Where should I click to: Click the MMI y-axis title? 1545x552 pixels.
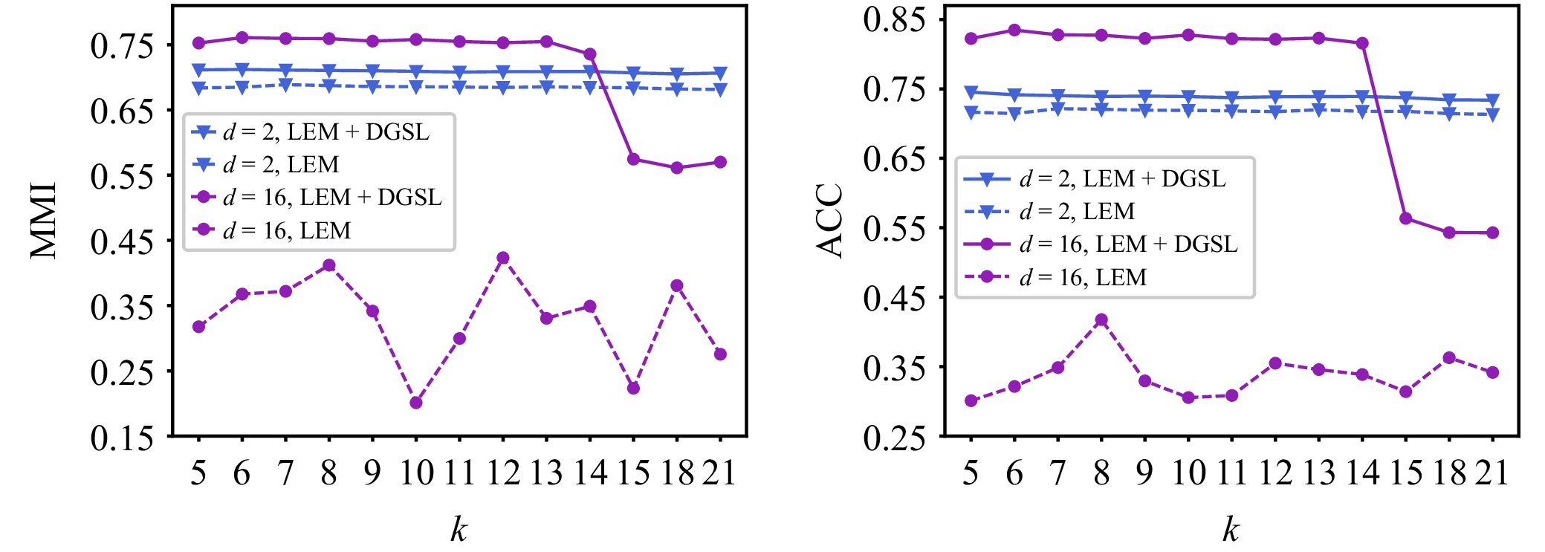pyautogui.click(x=44, y=221)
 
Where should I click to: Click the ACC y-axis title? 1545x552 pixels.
pyautogui.click(x=829, y=221)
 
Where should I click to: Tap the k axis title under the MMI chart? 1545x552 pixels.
pyautogui.click(x=459, y=529)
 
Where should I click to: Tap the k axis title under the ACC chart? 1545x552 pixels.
pyautogui.click(x=1231, y=529)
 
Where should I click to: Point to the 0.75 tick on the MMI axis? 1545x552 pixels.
pyautogui.click(x=122, y=46)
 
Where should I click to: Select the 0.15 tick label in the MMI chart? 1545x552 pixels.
pyautogui.click(x=122, y=438)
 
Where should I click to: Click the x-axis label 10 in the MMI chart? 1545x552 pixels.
pyautogui.click(x=416, y=473)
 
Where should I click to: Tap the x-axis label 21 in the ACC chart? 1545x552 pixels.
pyautogui.click(x=1491, y=473)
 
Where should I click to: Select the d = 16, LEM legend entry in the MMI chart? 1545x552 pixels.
pyautogui.click(x=287, y=230)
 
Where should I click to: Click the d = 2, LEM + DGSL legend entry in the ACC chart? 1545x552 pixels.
pyautogui.click(x=1122, y=179)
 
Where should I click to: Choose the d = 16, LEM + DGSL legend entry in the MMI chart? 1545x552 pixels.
pyautogui.click(x=332, y=197)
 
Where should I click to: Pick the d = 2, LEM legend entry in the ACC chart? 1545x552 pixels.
pyautogui.click(x=1077, y=212)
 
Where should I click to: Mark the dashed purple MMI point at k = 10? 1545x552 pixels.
pyautogui.click(x=416, y=403)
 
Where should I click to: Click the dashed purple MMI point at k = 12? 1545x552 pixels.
pyautogui.click(x=503, y=258)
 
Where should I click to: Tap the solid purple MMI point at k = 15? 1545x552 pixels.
pyautogui.click(x=633, y=159)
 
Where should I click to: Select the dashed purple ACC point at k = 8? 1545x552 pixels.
pyautogui.click(x=1101, y=320)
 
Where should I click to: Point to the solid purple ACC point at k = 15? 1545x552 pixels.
pyautogui.click(x=1405, y=218)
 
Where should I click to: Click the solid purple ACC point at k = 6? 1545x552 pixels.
pyautogui.click(x=1014, y=30)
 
